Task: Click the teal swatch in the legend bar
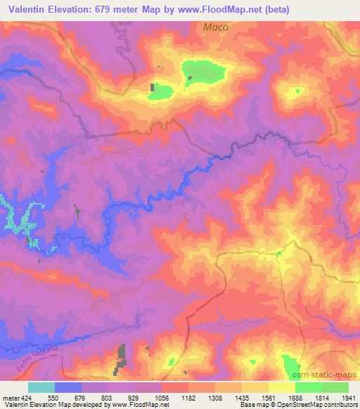[x=41, y=387]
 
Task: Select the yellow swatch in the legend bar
[x=282, y=387]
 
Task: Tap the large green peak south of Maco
[x=204, y=72]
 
